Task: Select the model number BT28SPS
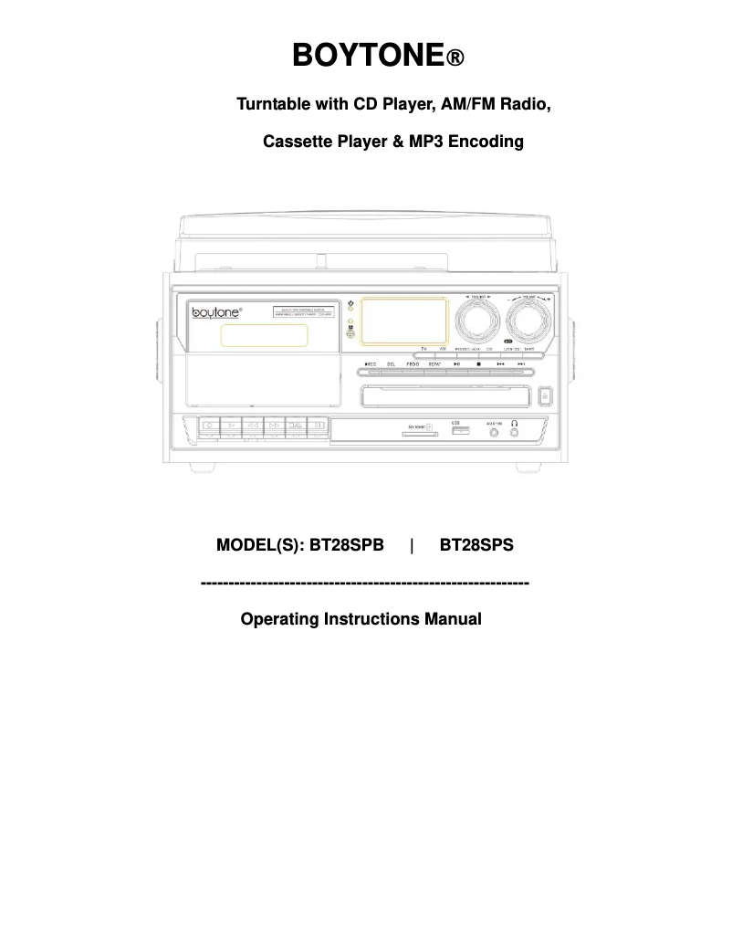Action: tap(476, 546)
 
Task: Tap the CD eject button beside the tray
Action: tap(545, 395)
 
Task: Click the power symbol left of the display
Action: tap(350, 302)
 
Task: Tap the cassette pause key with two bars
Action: tap(317, 426)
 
